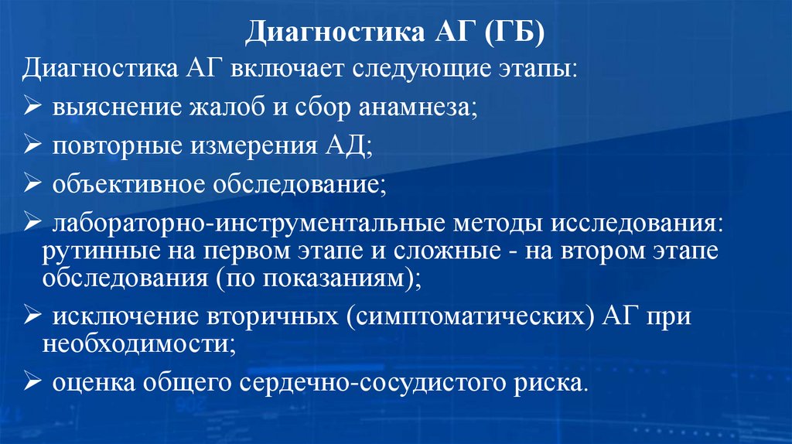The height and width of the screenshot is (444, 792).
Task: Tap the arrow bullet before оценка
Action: point(34,382)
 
